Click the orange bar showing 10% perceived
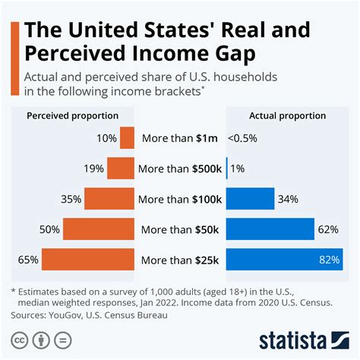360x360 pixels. click(127, 138)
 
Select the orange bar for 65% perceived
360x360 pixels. click(88, 260)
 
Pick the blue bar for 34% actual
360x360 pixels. click(250, 199)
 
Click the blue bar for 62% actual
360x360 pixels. click(270, 229)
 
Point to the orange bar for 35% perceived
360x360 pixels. click(109, 199)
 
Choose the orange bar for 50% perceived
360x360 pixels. click(99, 229)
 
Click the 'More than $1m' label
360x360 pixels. click(179, 138)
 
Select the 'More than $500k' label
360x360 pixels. click(180, 169)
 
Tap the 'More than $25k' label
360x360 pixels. click(180, 260)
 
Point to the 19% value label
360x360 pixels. click(94, 169)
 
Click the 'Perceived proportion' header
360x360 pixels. click(73, 115)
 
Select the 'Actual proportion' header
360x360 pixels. click(286, 115)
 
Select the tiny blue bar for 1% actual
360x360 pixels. click(227, 169)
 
